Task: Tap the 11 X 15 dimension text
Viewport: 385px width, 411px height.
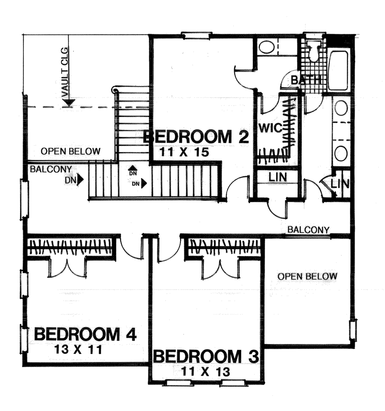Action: point(184,152)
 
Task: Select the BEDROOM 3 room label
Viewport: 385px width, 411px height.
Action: point(206,357)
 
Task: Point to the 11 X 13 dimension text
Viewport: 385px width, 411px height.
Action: point(205,372)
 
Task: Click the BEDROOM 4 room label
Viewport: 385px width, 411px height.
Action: point(85,334)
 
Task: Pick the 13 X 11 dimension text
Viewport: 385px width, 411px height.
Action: point(78,349)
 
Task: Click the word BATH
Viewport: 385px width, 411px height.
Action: point(306,80)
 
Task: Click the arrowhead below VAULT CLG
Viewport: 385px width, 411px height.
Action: point(68,102)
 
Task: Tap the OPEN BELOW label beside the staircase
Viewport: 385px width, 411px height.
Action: point(70,151)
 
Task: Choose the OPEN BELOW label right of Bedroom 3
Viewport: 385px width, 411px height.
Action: point(307,276)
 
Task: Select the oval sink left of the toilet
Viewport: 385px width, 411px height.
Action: point(266,48)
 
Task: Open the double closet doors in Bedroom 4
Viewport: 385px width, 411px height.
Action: point(67,268)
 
